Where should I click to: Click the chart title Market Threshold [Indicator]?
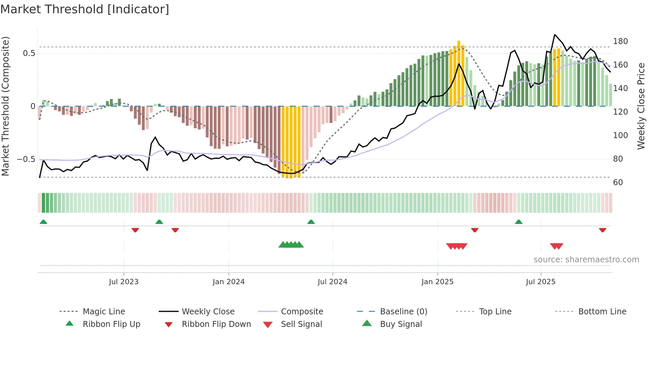click(85, 9)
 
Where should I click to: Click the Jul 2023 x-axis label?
click(124, 282)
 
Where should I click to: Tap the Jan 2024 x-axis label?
click(228, 282)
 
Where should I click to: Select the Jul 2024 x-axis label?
click(332, 282)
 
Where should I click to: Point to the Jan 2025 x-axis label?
click(437, 282)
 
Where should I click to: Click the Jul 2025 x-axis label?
click(541, 282)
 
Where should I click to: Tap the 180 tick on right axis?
click(620, 41)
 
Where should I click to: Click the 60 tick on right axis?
click(618, 182)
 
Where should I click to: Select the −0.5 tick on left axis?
click(26, 159)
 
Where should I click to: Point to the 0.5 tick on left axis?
click(29, 53)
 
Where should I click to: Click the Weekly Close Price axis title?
click(641, 106)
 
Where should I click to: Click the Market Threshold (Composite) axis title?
click(5, 106)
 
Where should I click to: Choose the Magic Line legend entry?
click(104, 312)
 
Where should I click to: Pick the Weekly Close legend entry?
click(208, 312)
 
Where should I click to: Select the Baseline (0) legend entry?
click(403, 312)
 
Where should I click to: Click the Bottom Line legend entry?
click(602, 312)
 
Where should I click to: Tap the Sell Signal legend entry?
click(301, 324)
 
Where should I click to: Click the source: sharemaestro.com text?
click(586, 260)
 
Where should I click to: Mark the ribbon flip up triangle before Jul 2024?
click(311, 222)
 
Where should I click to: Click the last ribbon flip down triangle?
click(602, 230)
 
